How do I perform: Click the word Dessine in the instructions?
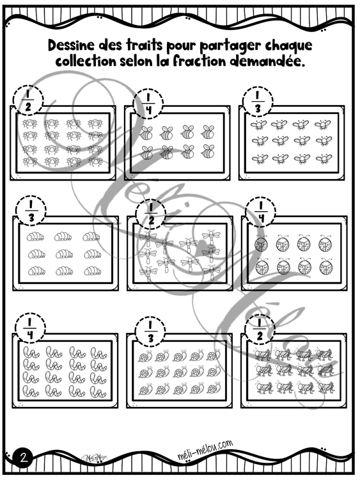coord(71,45)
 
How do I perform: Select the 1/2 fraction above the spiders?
coord(28,100)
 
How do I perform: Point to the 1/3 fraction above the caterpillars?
coord(31,211)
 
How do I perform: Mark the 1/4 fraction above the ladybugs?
coord(261,211)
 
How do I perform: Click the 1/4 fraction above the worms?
coord(29,328)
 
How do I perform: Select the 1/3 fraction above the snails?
coord(150,331)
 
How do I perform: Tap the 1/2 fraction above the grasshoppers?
coord(260,330)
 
